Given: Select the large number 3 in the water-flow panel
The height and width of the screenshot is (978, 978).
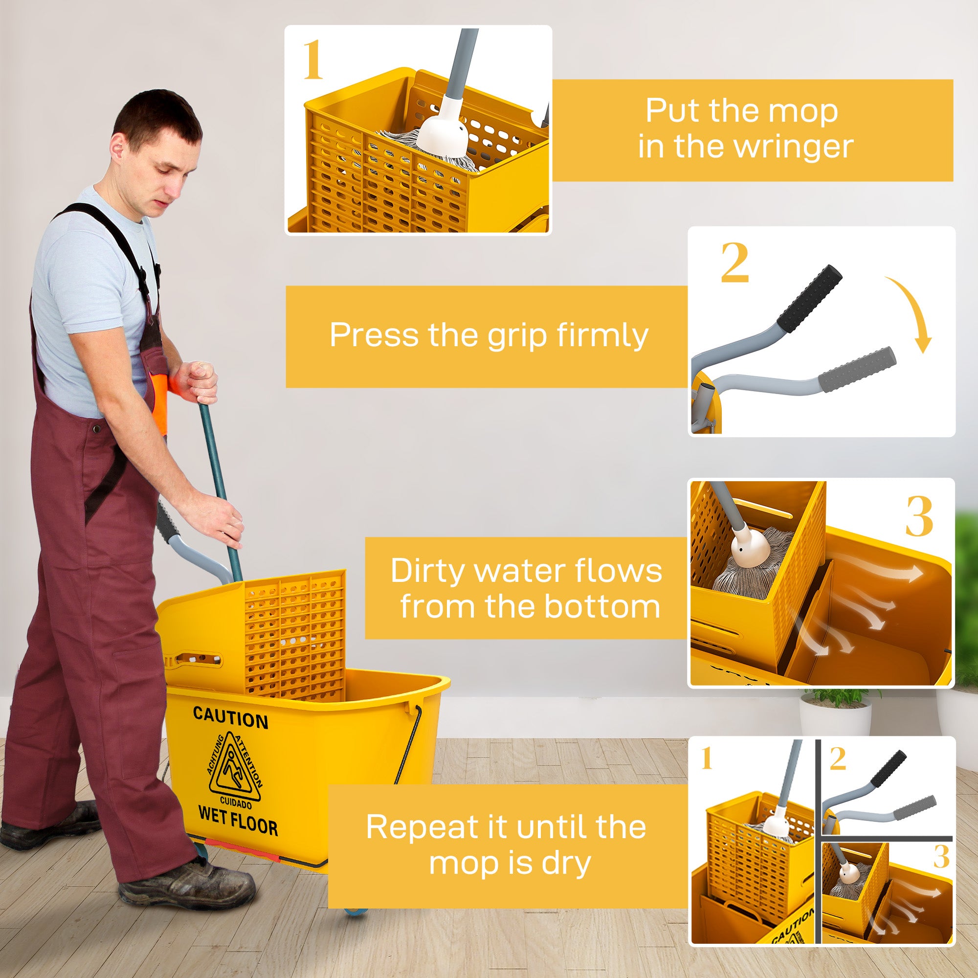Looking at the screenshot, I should point(919,516).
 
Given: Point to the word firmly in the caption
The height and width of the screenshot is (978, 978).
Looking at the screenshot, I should point(601,335).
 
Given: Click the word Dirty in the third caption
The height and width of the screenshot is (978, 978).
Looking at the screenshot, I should point(428,571).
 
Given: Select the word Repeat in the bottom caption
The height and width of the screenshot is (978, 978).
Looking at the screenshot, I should point(421,828).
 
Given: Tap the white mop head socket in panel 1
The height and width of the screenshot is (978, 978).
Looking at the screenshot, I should point(445,134).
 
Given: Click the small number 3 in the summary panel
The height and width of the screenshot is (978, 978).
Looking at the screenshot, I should point(941,857).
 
